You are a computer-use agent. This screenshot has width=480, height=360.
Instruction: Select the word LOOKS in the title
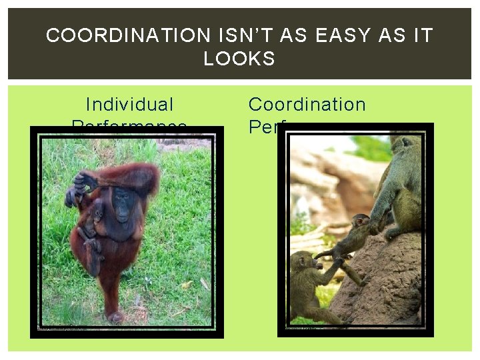click(239, 59)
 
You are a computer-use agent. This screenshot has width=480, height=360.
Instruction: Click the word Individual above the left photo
click(129, 105)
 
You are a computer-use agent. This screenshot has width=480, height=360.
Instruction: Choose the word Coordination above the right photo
click(307, 105)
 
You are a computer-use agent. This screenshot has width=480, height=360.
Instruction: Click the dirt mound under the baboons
click(393, 287)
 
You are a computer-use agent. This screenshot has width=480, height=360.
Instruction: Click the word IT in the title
click(423, 35)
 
